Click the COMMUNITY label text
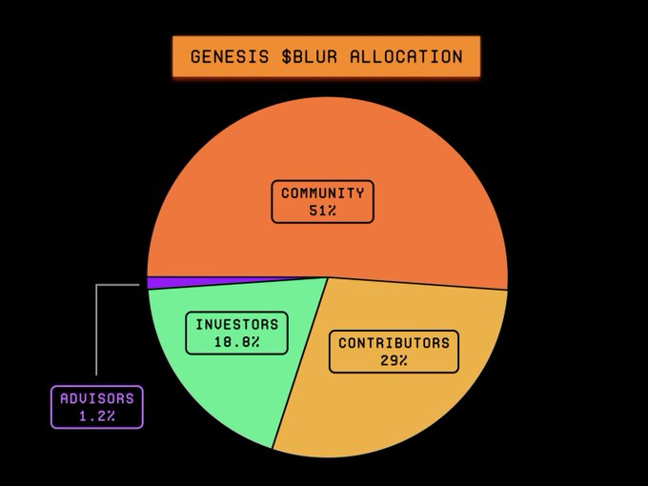322,192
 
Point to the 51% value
322,211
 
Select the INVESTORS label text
237,324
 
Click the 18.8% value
237,342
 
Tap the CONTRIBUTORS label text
394,342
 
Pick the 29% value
394,360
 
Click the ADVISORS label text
96,398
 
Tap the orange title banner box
326,56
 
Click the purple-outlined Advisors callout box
96,407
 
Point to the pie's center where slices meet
328,277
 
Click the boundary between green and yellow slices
300,362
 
